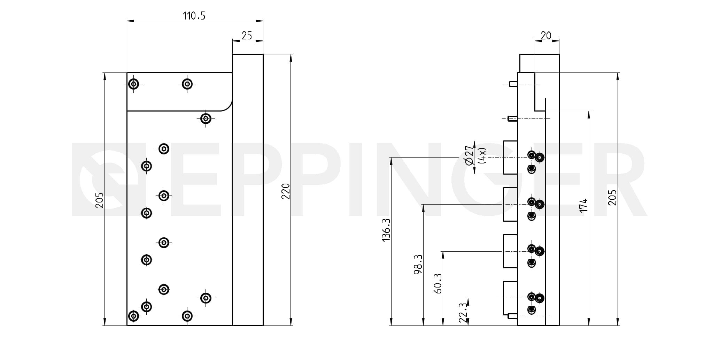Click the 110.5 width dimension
click(194, 16)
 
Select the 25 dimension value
click(247, 36)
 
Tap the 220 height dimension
click(286, 191)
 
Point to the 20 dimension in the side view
click(546, 36)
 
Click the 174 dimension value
click(583, 205)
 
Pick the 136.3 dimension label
click(386, 230)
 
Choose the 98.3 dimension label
click(418, 264)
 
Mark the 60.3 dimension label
click(438, 283)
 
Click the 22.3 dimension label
click(463, 313)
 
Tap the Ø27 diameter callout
click(469, 155)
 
